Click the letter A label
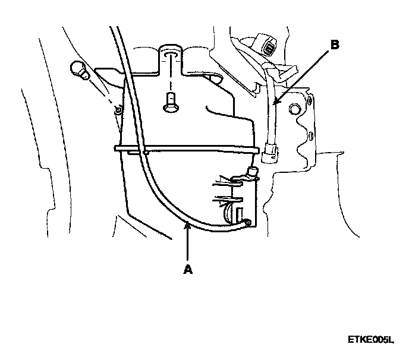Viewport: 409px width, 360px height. click(188, 269)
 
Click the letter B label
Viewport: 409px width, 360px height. click(335, 45)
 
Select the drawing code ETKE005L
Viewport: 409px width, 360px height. click(371, 340)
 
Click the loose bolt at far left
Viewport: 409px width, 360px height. click(78, 70)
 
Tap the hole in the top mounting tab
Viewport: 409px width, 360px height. click(170, 53)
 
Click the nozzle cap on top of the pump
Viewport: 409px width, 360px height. click(253, 172)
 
